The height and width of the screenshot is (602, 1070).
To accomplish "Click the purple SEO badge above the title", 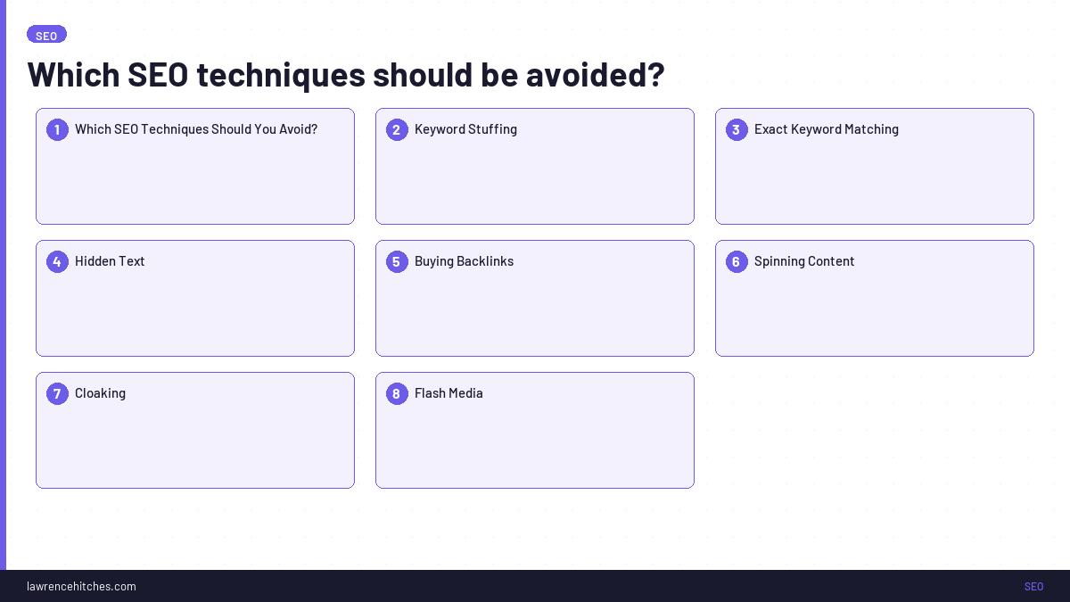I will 46,35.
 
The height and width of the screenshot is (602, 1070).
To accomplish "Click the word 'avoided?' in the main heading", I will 595,75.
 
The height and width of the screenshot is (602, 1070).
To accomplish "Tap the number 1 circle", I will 57,129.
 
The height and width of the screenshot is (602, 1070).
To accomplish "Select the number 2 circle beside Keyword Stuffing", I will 397,129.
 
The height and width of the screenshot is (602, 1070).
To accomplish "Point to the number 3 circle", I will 737,129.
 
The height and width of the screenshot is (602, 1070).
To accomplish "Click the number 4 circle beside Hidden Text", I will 57,261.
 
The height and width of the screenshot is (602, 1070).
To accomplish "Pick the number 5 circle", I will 397,261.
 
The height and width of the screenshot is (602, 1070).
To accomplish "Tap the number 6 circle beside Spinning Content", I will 737,261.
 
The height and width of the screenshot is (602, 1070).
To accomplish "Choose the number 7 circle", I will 57,393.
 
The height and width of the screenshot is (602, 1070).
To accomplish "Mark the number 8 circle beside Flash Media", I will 397,393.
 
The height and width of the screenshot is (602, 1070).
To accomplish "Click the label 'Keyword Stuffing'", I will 465,129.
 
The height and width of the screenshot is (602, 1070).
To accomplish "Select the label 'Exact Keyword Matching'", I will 826,129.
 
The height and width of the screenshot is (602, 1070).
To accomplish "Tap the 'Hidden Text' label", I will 110,261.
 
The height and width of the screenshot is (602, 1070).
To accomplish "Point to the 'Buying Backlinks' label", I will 464,261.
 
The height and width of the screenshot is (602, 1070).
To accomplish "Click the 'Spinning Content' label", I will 804,261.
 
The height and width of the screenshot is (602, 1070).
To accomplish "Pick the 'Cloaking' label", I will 100,393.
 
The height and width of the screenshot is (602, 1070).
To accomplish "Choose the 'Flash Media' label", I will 449,393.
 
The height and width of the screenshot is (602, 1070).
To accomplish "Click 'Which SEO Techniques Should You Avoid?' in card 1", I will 196,129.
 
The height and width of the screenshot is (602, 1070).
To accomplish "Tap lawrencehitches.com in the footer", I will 81,586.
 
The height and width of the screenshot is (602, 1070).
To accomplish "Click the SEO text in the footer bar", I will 1033,586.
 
